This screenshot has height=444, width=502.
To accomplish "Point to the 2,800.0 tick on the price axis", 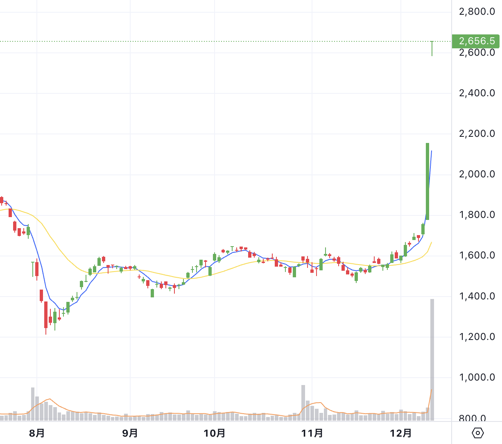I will point(477,11).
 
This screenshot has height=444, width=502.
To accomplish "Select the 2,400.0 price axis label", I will point(477,93).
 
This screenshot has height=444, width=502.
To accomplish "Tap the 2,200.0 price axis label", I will point(477,134).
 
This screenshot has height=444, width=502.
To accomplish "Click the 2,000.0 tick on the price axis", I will point(477,174).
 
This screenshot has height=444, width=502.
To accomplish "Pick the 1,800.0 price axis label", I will point(477,215).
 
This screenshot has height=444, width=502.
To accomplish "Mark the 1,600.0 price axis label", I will point(477,255).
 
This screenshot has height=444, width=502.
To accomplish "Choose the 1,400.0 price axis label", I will point(477,296).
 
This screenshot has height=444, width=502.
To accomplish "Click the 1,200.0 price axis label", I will point(477,337).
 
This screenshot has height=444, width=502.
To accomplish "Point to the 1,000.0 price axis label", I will point(477,377).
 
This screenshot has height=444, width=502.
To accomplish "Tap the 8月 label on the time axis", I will point(37,433).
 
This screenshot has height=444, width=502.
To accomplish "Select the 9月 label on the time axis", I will point(130,433).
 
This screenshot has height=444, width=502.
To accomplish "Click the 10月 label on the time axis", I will point(215,433).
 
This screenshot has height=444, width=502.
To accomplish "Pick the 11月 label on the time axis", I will point(312,433).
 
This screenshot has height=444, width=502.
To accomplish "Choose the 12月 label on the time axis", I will point(401,433).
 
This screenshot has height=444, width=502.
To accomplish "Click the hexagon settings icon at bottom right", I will point(478,433).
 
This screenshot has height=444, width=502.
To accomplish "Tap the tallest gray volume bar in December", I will point(432,360).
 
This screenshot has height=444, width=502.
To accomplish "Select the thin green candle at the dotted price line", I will point(432,48).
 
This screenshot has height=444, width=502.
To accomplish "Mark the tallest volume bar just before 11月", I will point(303,403).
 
